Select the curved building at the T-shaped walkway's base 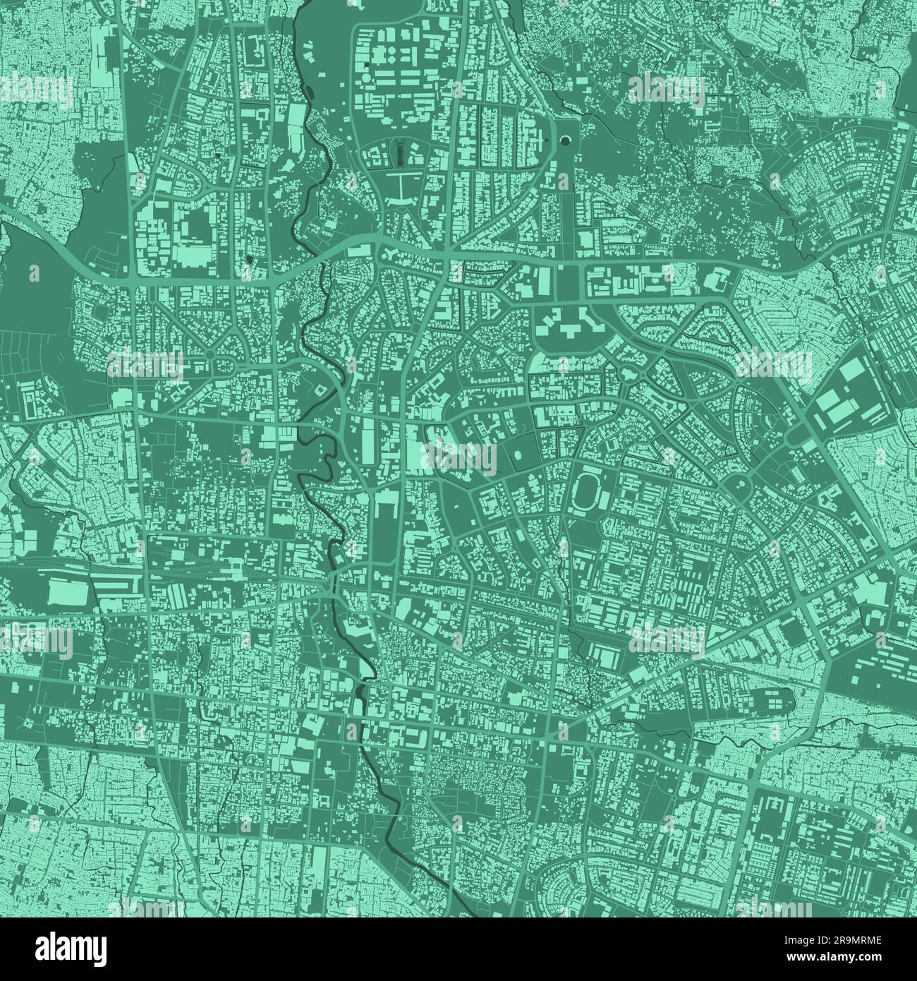point(399,205)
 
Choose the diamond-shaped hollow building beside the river point(319,389)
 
